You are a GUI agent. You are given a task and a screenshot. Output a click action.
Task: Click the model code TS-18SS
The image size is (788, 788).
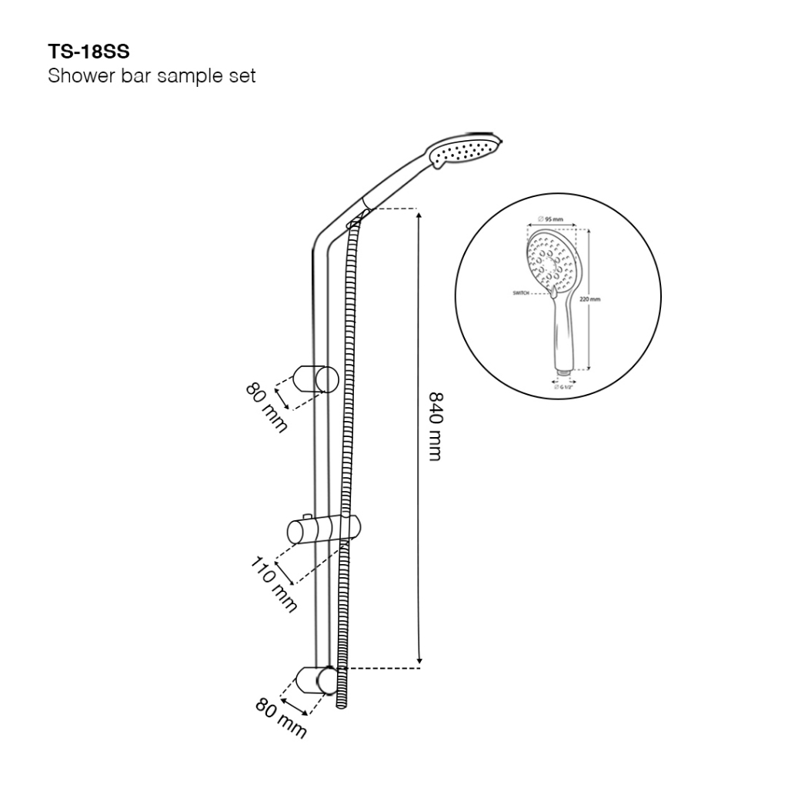pos(88,53)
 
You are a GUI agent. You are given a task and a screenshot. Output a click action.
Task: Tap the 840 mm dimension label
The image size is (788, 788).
pos(435,426)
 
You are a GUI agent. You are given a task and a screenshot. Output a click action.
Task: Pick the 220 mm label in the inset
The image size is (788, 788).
pos(591,299)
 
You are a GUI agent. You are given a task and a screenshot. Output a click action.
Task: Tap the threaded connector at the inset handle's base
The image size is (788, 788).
pos(565,374)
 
